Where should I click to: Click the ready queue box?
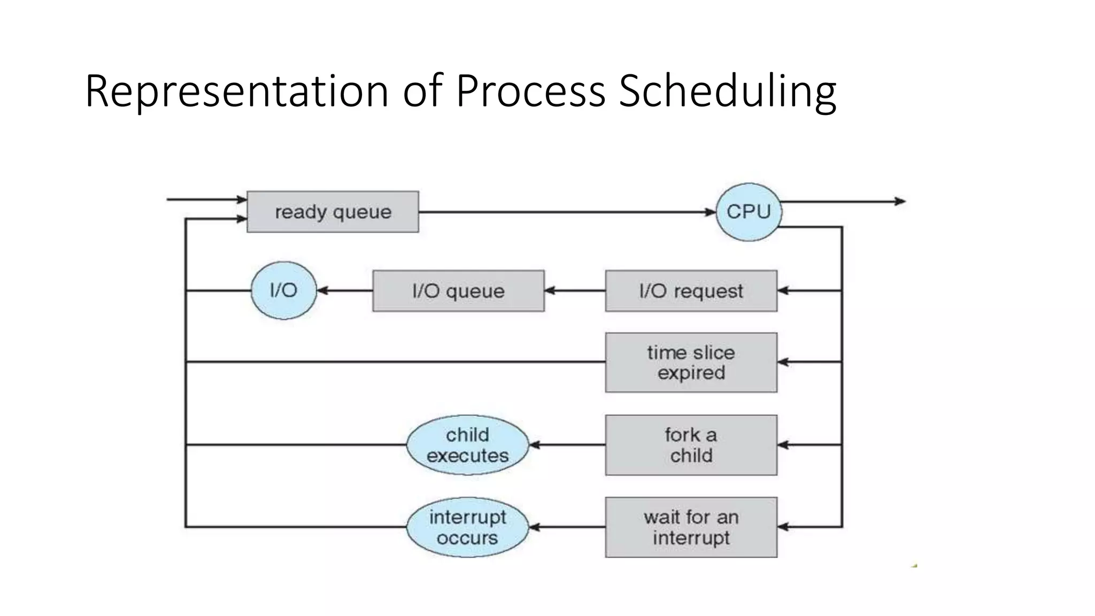click(333, 212)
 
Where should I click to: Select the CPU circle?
click(749, 212)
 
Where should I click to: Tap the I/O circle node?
click(283, 290)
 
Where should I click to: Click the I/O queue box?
click(458, 291)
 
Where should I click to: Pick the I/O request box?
click(691, 291)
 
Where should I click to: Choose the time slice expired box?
click(691, 363)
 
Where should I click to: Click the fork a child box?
click(691, 445)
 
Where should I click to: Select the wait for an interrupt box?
click(691, 527)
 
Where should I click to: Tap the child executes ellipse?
click(467, 445)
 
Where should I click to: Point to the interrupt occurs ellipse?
click(467, 527)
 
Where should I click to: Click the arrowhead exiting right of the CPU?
click(900, 202)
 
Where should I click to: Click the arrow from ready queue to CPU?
click(567, 212)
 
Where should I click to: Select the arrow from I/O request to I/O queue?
click(575, 291)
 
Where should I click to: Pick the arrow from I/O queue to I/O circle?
click(345, 291)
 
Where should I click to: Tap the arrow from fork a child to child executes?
click(567, 445)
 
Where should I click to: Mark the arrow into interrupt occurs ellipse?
click(567, 527)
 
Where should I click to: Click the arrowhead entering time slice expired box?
click(783, 362)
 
